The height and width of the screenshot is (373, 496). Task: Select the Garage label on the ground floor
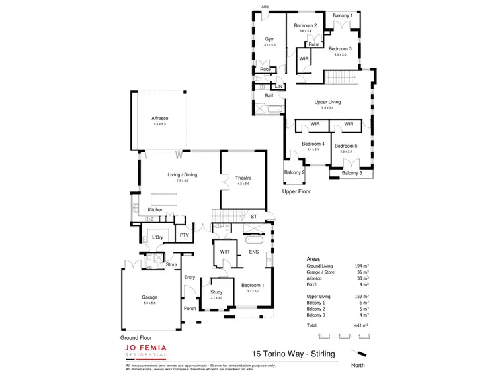pyautogui.click(x=150, y=297)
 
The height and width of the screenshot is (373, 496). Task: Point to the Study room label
pyautogui.click(x=216, y=292)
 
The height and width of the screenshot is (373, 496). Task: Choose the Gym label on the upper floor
pyautogui.click(x=269, y=39)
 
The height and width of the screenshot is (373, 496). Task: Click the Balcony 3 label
pyautogui.click(x=352, y=174)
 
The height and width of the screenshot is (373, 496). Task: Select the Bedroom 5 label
pyautogui.click(x=345, y=146)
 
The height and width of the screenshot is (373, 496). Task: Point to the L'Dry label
pyautogui.click(x=157, y=237)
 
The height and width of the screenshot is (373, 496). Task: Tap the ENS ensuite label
pyautogui.click(x=253, y=252)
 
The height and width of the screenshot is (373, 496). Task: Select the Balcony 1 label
pyautogui.click(x=342, y=15)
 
